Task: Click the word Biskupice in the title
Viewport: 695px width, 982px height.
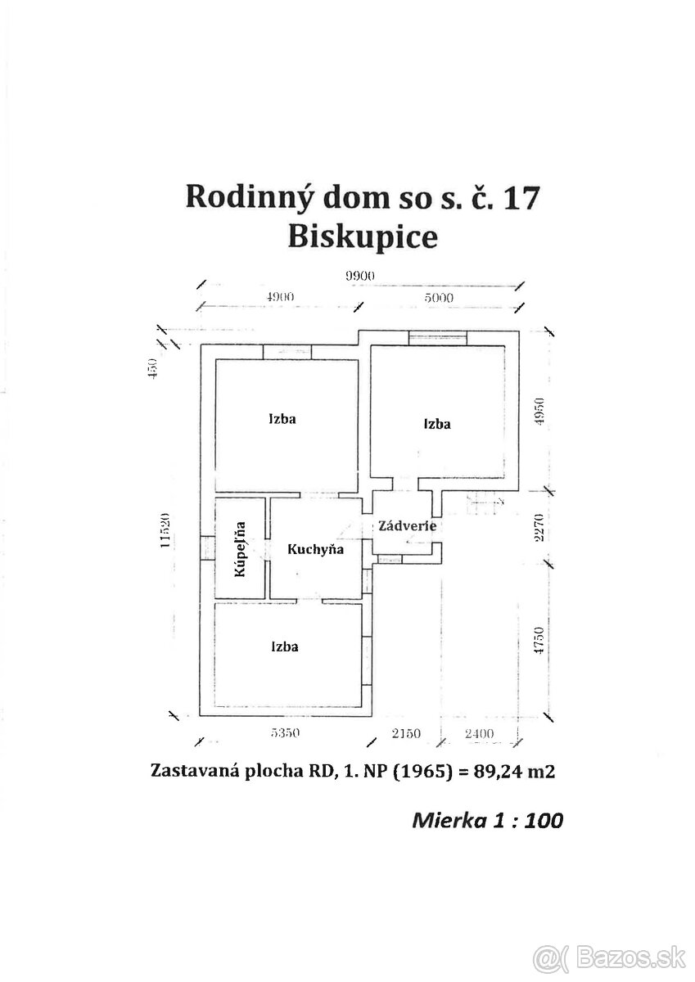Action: coord(363,236)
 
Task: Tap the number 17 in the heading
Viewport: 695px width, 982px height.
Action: coord(518,197)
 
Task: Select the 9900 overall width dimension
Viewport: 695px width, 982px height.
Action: coord(359,276)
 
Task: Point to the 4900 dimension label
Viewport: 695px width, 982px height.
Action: coord(279,297)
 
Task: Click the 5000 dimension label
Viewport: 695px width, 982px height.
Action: coord(439,297)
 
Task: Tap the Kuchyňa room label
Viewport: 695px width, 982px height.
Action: coord(315,549)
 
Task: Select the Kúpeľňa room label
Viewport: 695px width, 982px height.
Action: coord(241,548)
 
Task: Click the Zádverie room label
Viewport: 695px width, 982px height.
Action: coord(406,526)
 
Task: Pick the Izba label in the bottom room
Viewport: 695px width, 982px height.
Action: coord(285,646)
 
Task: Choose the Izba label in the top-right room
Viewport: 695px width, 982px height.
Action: coord(437,424)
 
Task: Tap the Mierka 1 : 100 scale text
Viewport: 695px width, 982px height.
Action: coord(488,819)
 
